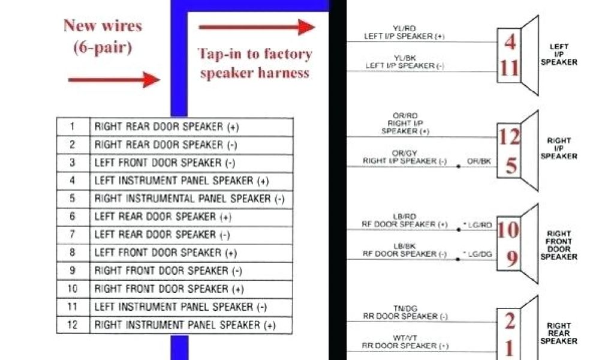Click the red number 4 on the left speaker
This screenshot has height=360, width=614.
pos(510,43)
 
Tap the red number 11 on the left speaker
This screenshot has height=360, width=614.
pos(510,68)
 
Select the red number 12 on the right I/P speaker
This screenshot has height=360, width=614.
pos(510,137)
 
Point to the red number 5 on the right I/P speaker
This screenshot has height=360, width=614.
pos(511,165)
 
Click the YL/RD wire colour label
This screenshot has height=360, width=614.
pos(405,28)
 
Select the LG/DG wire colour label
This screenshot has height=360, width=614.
pos(480,255)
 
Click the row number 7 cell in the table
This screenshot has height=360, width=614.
pos(73,235)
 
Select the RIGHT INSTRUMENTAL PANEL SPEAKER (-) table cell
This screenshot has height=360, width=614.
pos(189,199)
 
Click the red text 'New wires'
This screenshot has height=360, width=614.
pos(103,26)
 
